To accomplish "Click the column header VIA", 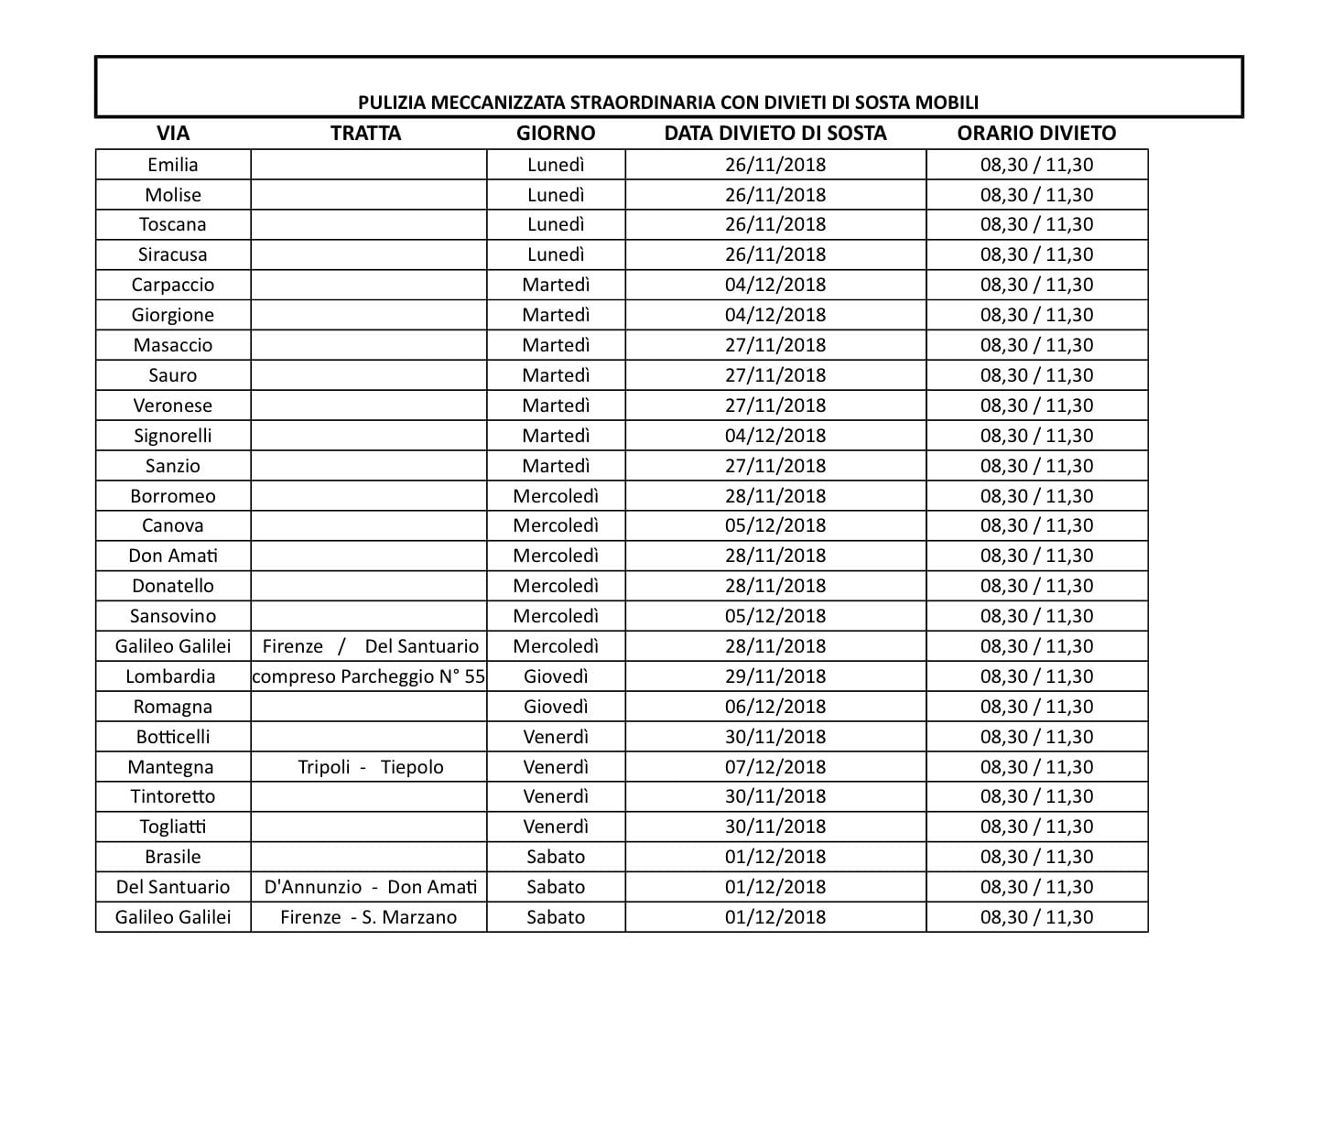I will [172, 134].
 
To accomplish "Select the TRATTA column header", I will [365, 134].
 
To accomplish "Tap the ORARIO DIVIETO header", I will [1036, 134].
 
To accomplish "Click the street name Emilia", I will [172, 165].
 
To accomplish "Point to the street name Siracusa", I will [172, 254].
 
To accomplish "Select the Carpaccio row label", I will [172, 285].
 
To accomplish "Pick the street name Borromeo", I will [172, 496].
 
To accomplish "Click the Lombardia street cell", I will [172, 676].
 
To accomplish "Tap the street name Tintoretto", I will [172, 796].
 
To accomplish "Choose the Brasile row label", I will [172, 857].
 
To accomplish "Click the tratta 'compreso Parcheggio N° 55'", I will [368, 676].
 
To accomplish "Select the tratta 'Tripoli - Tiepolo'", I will [370, 767].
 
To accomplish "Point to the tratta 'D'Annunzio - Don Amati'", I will [370, 887].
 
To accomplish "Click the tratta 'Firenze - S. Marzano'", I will [368, 917].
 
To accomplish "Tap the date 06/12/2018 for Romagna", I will [774, 707].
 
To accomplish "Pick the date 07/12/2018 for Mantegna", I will [774, 767].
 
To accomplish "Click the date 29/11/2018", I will [774, 676].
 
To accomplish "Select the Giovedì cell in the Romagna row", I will [555, 707].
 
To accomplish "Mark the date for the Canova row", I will [774, 525].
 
